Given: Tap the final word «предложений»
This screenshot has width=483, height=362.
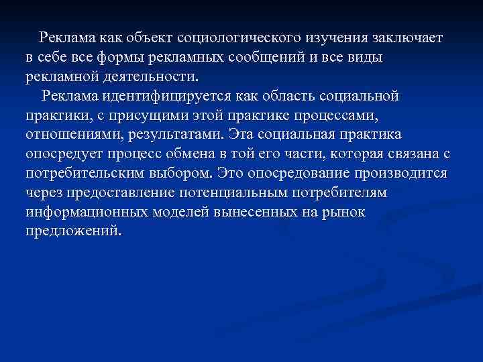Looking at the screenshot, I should click(x=74, y=231).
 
